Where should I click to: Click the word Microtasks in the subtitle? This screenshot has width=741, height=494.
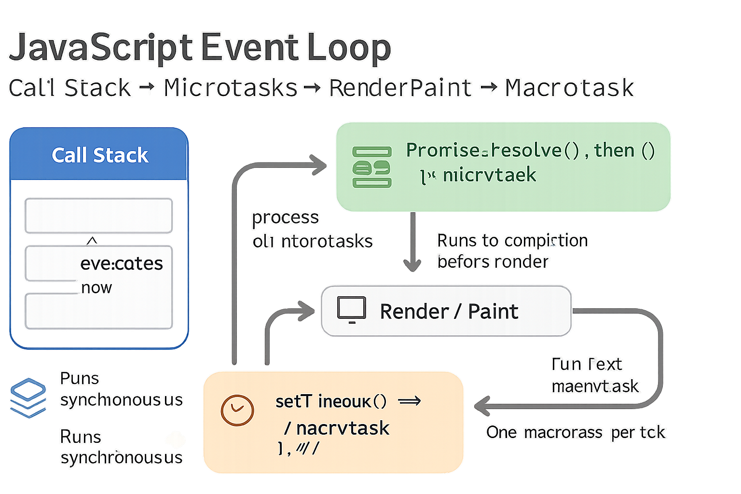click(x=231, y=88)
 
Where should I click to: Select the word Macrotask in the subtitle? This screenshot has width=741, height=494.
click(x=569, y=88)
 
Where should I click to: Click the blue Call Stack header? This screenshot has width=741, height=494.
click(x=99, y=155)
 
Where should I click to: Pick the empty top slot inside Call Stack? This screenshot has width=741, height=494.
click(x=98, y=215)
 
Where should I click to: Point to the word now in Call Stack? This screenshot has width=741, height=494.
click(x=96, y=288)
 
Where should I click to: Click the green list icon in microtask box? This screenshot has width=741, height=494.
click(x=371, y=167)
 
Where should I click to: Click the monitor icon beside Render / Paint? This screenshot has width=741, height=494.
click(x=351, y=310)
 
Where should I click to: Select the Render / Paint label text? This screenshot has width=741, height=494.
click(x=449, y=312)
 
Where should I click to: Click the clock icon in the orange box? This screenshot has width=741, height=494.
click(x=237, y=410)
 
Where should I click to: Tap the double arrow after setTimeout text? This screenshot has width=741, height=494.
click(x=410, y=401)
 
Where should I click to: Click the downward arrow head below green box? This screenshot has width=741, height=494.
click(x=412, y=265)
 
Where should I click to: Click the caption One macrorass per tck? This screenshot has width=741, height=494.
click(x=575, y=432)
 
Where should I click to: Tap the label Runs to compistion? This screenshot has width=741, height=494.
click(x=512, y=240)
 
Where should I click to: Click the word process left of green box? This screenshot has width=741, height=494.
click(x=285, y=218)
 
